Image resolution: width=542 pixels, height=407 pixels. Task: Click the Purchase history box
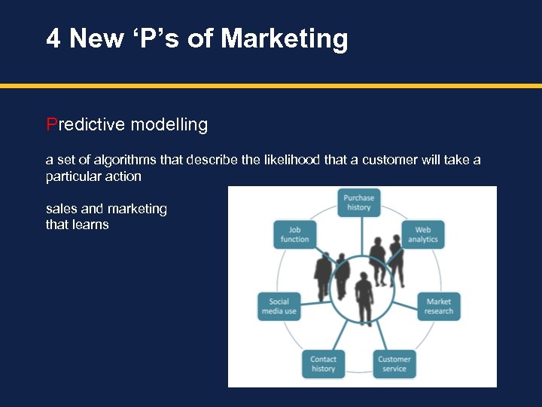pyautogui.click(x=358, y=203)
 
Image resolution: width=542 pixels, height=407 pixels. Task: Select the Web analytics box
pyautogui.click(x=423, y=234)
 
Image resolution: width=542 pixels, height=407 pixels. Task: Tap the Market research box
pyautogui.click(x=438, y=306)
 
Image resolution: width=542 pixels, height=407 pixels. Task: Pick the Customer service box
pyautogui.click(x=394, y=364)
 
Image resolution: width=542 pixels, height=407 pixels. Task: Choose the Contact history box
pyautogui.click(x=323, y=364)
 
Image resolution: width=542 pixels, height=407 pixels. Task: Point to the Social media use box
pyautogui.click(x=279, y=306)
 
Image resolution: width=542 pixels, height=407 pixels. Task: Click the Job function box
pyautogui.click(x=294, y=234)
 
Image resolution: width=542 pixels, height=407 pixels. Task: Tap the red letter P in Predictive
pyautogui.click(x=51, y=124)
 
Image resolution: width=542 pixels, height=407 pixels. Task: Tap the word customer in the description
pyautogui.click(x=388, y=160)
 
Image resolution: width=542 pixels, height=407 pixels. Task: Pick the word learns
pyautogui.click(x=90, y=225)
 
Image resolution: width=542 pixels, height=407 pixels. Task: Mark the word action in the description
pyautogui.click(x=123, y=176)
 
